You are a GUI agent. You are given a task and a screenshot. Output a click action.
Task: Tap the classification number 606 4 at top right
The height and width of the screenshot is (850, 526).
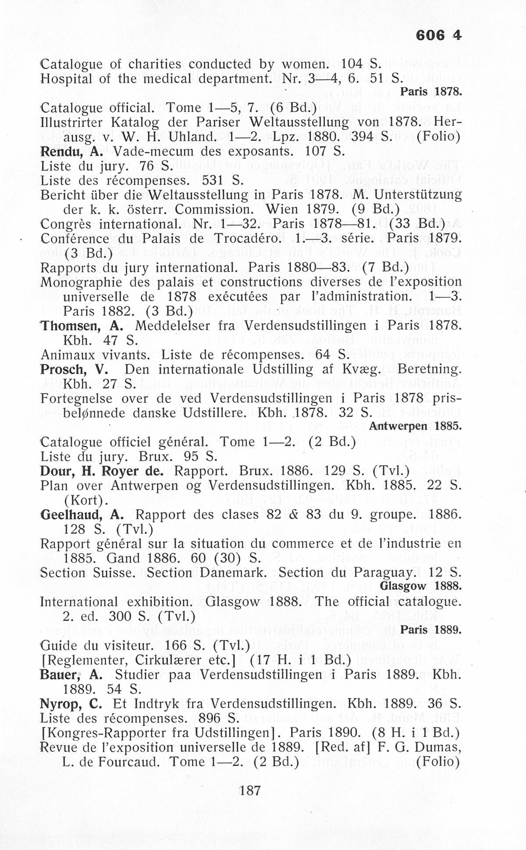[439, 35]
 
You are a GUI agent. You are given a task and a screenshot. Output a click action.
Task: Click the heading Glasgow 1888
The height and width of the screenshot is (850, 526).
[421, 587]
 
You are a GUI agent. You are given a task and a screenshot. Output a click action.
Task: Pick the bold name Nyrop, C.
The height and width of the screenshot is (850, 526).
[71, 704]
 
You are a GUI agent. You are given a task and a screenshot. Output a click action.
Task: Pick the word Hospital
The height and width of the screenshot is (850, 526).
[66, 79]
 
